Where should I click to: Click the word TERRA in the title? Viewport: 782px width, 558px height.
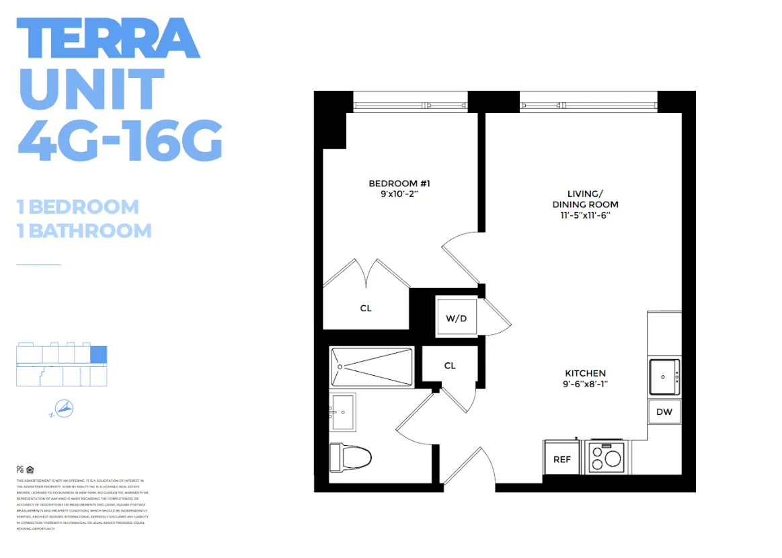pos(108,39)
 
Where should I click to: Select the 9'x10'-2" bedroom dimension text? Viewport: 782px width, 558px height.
pos(399,194)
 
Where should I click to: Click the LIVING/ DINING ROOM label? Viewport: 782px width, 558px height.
pos(585,198)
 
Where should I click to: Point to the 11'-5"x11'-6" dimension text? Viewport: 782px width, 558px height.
pos(585,215)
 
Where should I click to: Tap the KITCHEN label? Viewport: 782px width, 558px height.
pos(585,373)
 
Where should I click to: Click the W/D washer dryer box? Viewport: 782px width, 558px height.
pos(457,318)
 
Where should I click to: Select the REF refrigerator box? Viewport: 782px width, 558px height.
pos(562,459)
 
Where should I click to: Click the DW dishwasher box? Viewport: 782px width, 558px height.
pos(664,412)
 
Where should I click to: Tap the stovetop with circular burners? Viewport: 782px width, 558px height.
pos(607,458)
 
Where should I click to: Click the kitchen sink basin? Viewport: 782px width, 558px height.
pos(664,377)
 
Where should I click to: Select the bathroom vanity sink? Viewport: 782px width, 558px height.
pos(342,411)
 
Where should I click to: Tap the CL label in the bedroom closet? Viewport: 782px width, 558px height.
pos(366,309)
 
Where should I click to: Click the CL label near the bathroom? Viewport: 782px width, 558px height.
pos(450,366)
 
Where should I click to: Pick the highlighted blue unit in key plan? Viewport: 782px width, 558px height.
pos(99,355)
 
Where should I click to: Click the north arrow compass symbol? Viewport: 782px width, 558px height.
pos(64,408)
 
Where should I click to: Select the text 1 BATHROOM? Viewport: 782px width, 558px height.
pos(84,231)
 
